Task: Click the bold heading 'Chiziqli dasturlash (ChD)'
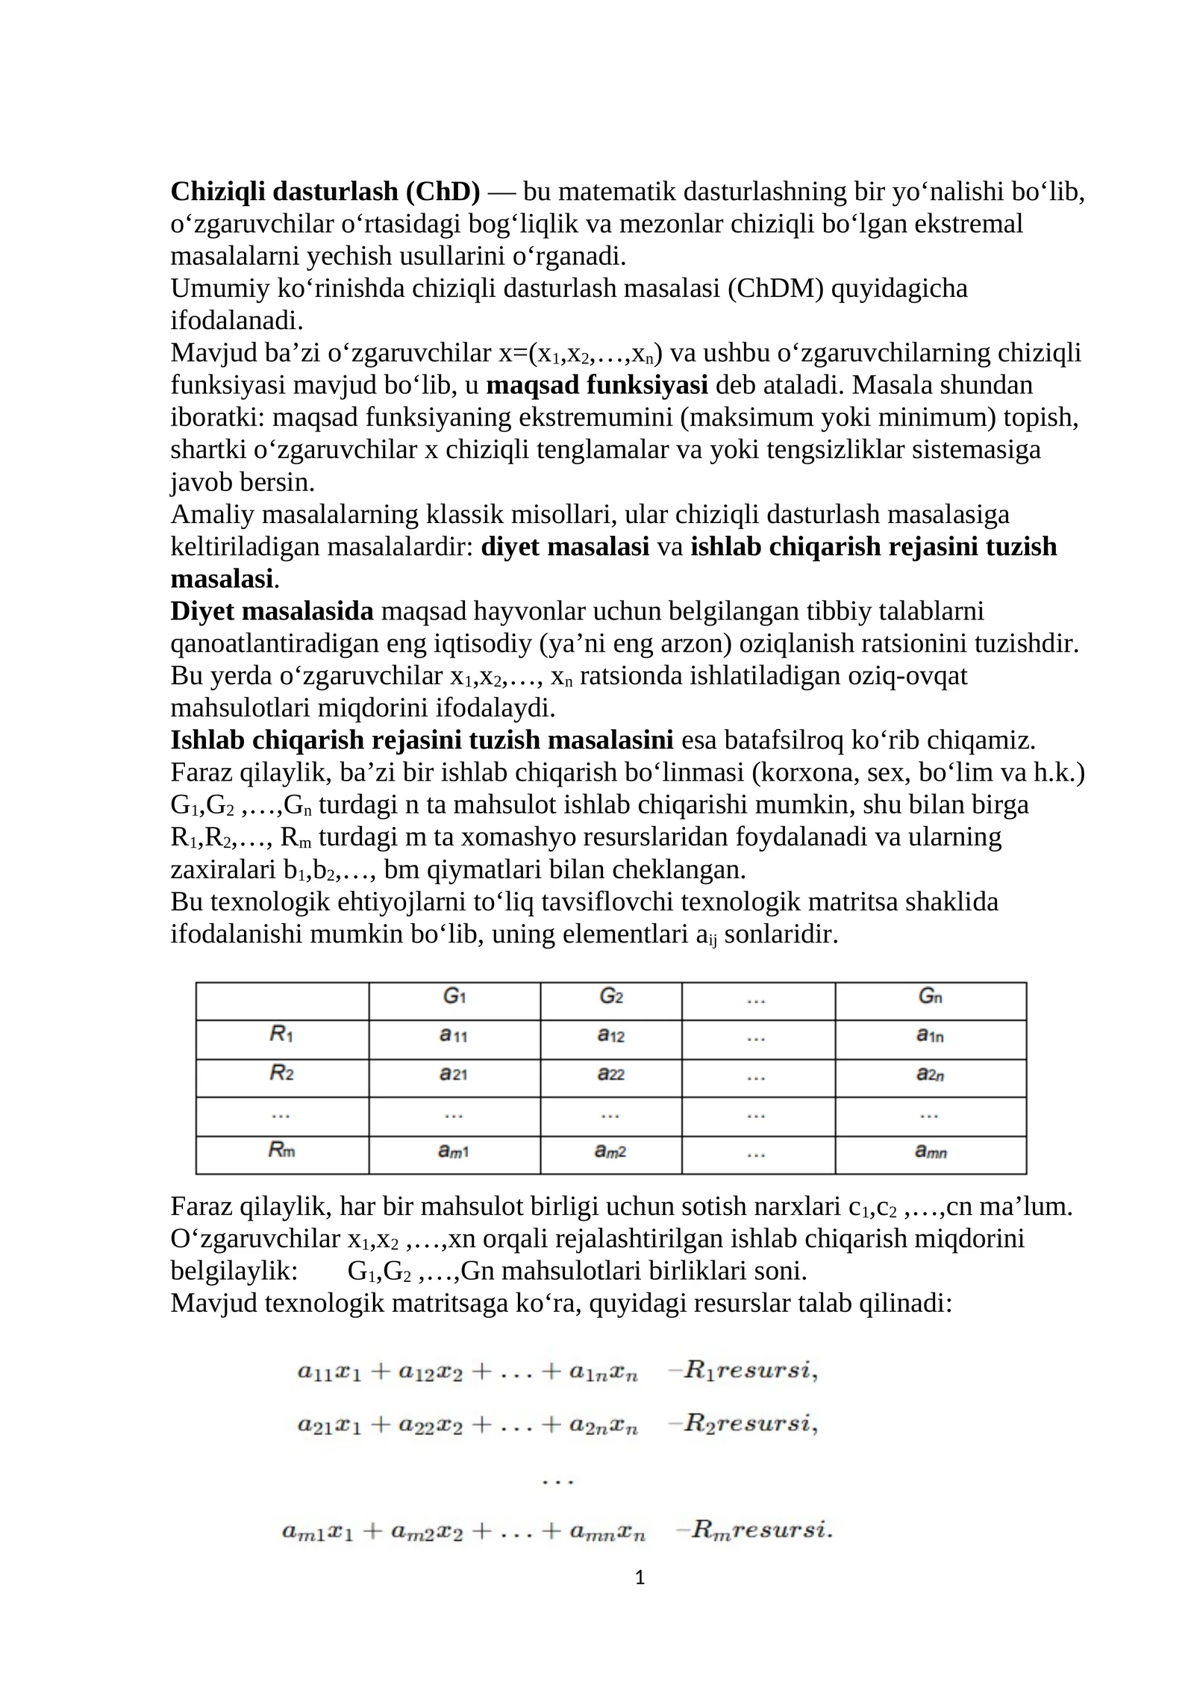tap(325, 192)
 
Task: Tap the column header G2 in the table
tap(610, 996)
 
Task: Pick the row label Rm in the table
tap(281, 1150)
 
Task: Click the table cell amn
tap(930, 1151)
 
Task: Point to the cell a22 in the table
tap(610, 1075)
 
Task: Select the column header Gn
tap(930, 996)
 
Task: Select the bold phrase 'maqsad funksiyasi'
tap(596, 385)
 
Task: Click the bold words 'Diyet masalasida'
tap(272, 611)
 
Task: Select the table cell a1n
tap(930, 1036)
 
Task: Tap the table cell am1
tap(453, 1151)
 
